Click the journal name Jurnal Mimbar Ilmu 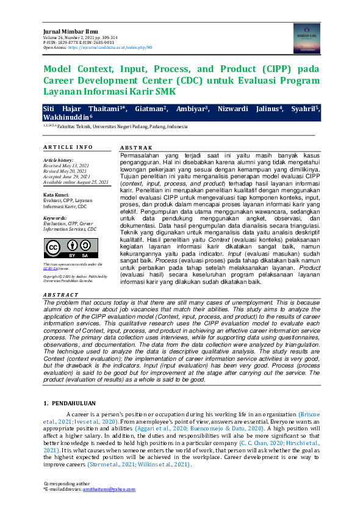(x=66, y=31)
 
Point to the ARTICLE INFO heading (x=68, y=147)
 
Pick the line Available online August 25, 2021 (x=76, y=182)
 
